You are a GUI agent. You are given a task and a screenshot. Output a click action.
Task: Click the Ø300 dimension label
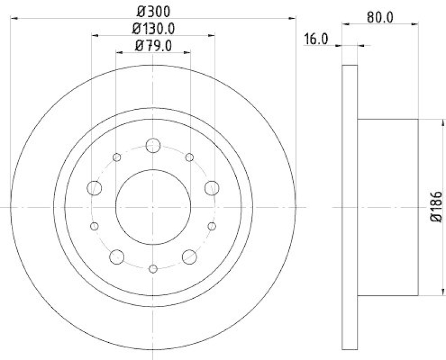click(153, 10)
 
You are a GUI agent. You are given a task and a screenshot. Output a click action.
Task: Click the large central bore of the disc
click(153, 207)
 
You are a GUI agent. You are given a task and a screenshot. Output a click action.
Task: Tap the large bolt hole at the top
click(153, 146)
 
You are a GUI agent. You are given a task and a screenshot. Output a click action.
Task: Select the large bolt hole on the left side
click(95, 188)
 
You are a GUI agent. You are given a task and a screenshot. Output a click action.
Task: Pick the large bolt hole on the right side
click(211, 188)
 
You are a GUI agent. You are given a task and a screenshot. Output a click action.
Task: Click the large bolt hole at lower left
click(117, 256)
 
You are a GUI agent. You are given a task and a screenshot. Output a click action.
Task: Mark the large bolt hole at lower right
click(190, 256)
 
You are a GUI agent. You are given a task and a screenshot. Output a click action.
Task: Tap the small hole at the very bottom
click(153, 269)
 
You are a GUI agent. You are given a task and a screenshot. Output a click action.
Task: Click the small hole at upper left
click(117, 158)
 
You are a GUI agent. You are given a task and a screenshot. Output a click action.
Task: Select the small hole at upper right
click(190, 158)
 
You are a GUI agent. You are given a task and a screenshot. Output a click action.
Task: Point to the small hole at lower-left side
click(94, 226)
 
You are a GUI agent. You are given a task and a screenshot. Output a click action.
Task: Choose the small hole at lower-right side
click(212, 226)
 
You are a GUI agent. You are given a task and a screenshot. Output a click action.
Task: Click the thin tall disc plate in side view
click(349, 207)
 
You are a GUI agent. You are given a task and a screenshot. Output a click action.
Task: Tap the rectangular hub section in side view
click(387, 207)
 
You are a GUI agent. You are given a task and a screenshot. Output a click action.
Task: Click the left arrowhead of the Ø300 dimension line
click(14, 18)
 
